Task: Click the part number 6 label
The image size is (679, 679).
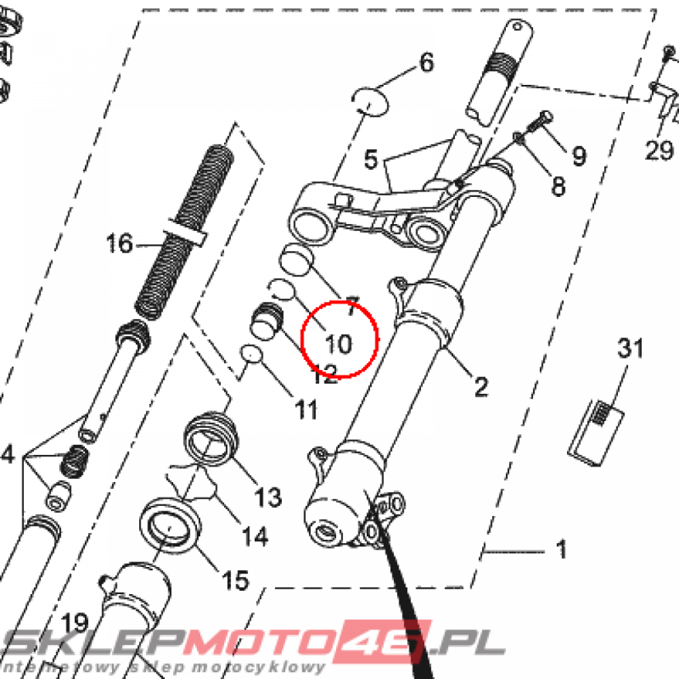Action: point(426,63)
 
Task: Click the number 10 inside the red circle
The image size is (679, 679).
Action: point(338,343)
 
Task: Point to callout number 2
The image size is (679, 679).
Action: point(481,385)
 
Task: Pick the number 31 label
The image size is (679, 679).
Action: point(631,348)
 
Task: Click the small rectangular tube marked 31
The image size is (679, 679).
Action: point(596,434)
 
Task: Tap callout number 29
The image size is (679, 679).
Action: point(660,151)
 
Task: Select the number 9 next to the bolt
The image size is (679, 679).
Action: point(579,156)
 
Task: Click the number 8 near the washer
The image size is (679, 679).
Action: point(558,186)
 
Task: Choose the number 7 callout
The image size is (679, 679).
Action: point(351,306)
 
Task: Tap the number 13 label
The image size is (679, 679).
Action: point(269,496)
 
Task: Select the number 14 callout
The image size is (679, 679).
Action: point(255,536)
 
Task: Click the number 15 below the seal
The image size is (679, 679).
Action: point(235,580)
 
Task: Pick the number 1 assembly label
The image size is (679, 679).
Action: point(561,550)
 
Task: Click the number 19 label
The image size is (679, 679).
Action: point(76,623)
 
